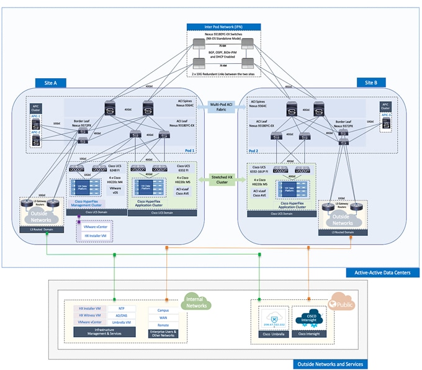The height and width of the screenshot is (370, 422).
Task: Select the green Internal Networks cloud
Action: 196,302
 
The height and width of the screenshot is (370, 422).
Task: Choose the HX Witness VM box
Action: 89,315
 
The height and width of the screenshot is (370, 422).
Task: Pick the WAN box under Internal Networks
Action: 163,317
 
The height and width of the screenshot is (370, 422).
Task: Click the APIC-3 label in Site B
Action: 385,115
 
